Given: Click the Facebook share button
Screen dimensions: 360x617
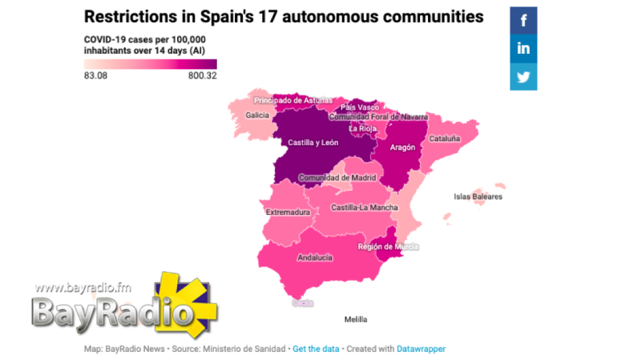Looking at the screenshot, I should (x=523, y=20).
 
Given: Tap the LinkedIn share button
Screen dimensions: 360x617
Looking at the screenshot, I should (x=523, y=48).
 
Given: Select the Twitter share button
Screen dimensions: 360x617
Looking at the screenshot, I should (x=523, y=77).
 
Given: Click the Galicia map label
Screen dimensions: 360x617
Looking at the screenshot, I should (x=257, y=115).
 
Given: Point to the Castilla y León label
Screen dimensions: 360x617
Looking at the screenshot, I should (x=313, y=143).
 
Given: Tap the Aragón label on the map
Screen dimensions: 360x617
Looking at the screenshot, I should (x=402, y=148).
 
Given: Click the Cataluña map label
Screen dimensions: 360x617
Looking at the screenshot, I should (x=445, y=139).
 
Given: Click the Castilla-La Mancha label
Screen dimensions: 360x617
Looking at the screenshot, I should (x=365, y=208).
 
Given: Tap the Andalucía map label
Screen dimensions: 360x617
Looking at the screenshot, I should (x=315, y=258).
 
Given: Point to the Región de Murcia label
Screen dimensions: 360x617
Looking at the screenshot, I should (x=389, y=247).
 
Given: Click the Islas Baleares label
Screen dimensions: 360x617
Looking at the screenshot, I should (x=478, y=196).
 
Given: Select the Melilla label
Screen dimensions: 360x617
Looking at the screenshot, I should (x=356, y=319).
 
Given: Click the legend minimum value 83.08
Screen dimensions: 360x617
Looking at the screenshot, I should (x=95, y=76).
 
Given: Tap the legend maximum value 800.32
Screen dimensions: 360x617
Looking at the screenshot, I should (x=203, y=76).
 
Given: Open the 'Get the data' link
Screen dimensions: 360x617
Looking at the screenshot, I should (x=316, y=349).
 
